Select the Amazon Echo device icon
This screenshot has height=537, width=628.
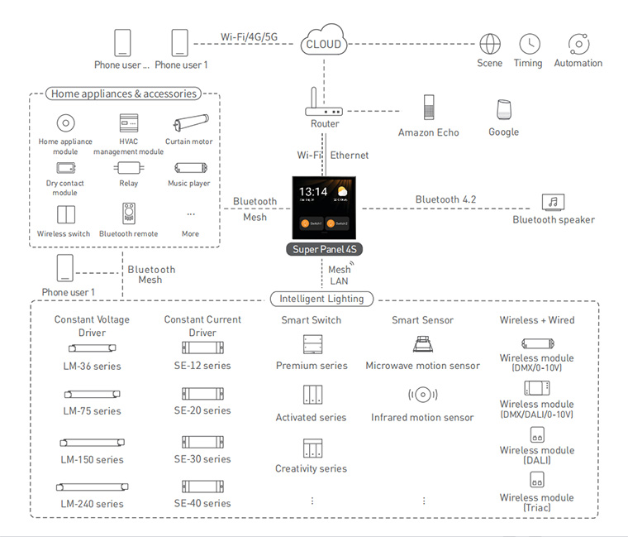(x=429, y=107)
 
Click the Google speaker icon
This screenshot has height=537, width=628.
(x=504, y=109)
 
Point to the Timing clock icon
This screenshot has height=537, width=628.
(x=530, y=44)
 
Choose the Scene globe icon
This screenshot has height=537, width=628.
(x=490, y=44)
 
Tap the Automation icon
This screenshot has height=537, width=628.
(x=578, y=44)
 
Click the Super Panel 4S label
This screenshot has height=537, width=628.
(x=325, y=249)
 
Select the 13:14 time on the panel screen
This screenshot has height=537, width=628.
(x=313, y=192)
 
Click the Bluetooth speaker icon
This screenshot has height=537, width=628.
(x=553, y=202)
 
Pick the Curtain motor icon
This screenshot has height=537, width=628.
(x=191, y=122)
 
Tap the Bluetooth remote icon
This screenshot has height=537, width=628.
(x=129, y=213)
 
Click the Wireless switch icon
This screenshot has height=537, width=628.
(x=65, y=214)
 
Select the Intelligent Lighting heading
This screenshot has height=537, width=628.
(x=321, y=299)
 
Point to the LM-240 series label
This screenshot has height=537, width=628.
(x=92, y=504)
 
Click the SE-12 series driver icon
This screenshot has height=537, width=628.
(x=202, y=348)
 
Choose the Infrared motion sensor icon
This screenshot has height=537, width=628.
(x=423, y=395)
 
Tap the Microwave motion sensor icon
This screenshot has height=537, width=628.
(x=423, y=344)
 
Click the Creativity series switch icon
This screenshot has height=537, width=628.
(x=312, y=448)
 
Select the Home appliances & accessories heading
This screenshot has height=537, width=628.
(x=124, y=93)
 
